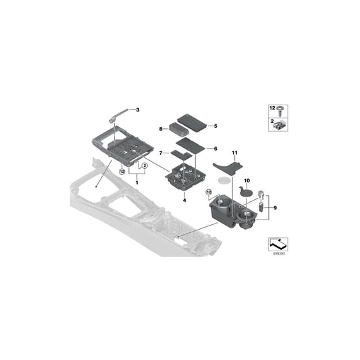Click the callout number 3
(138, 110)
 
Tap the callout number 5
(215, 126)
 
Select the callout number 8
(161, 128)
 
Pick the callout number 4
(184, 200)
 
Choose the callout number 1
(137, 183)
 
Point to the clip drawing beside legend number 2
(280, 122)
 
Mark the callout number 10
(246, 180)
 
